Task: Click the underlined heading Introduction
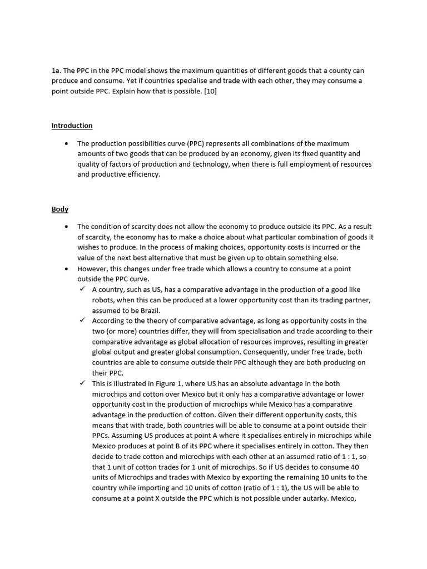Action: coord(72,126)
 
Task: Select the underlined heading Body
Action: coord(60,209)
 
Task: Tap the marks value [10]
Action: coord(209,91)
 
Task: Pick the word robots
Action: coord(103,300)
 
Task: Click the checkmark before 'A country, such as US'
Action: coord(82,290)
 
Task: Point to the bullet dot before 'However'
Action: coord(66,268)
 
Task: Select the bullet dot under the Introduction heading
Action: coord(66,143)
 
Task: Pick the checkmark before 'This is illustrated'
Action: coord(82,383)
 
